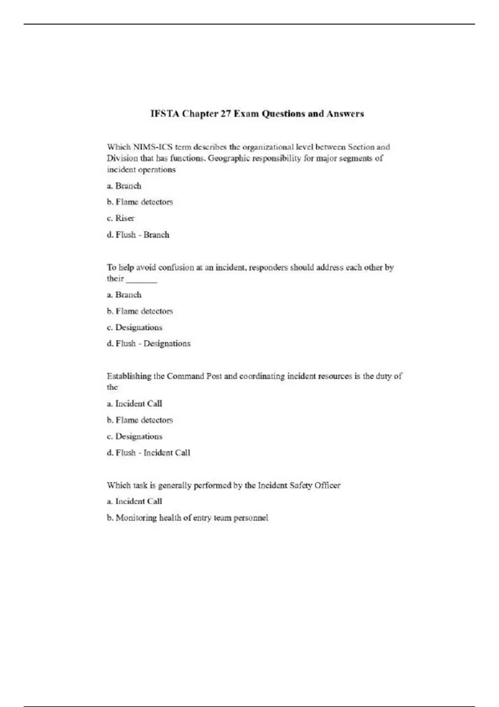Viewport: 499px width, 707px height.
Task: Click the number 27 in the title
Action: pyautogui.click(x=225, y=114)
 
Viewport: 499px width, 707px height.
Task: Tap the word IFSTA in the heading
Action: pyautogui.click(x=165, y=114)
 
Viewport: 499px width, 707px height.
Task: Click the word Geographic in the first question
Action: pyautogui.click(x=228, y=158)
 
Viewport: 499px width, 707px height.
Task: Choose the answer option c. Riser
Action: pyautogui.click(x=121, y=218)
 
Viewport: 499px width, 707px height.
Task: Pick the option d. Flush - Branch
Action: pyautogui.click(x=138, y=235)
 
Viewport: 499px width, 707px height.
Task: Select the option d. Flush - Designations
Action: pyautogui.click(x=148, y=344)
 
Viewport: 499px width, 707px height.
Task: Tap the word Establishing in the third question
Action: pyautogui.click(x=129, y=376)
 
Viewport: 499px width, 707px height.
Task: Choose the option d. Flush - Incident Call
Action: pyautogui.click(x=148, y=452)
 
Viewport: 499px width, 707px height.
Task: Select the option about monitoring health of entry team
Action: pyautogui.click(x=188, y=518)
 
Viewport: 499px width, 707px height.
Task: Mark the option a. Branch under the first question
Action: pyautogui.click(x=124, y=186)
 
